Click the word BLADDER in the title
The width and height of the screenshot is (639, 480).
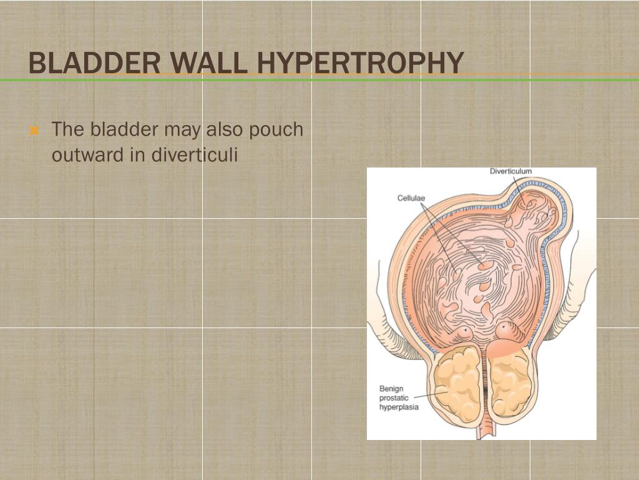click(87, 62)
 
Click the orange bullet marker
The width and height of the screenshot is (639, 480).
click(35, 131)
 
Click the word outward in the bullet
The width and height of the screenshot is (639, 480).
click(88, 154)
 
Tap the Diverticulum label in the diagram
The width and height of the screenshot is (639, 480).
click(510, 171)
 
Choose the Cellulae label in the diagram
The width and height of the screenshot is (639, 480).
click(411, 198)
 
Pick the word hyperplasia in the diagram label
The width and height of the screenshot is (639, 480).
click(399, 406)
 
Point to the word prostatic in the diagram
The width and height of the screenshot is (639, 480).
click(394, 397)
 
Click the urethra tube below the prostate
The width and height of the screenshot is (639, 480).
click(485, 431)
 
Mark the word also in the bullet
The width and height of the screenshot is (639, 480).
click(227, 130)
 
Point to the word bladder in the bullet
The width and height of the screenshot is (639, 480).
click(124, 130)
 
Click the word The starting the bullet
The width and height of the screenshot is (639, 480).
click(69, 130)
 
